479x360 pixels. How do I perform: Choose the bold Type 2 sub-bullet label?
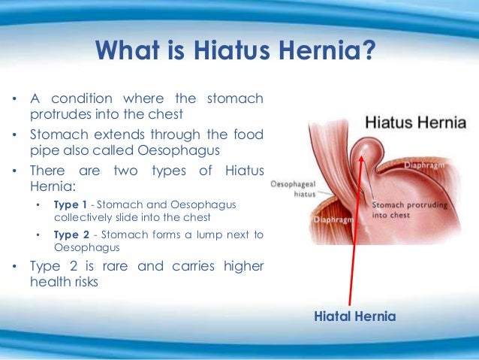click(x=71, y=234)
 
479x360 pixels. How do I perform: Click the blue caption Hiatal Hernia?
click(x=355, y=317)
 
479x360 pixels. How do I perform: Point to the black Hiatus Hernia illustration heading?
click(x=414, y=122)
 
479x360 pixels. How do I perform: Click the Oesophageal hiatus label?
click(x=288, y=188)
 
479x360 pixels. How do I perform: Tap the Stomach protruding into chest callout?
click(x=402, y=209)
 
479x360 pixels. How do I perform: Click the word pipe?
click(x=44, y=150)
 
